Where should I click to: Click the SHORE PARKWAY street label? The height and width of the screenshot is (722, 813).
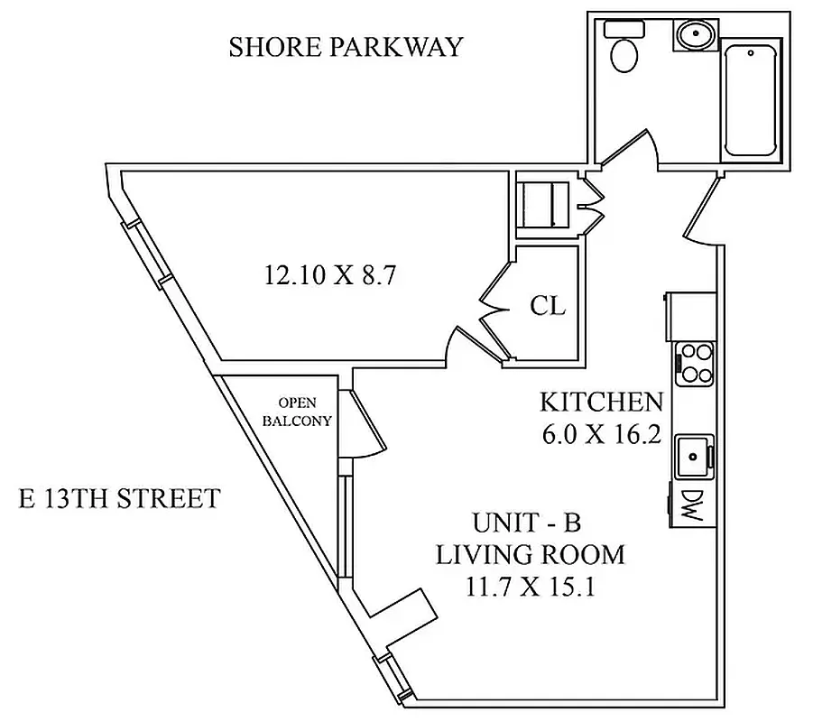pyautogui.click(x=346, y=47)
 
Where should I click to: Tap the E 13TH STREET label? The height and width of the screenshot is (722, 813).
pyautogui.click(x=119, y=498)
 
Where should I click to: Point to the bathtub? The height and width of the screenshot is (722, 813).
pyautogui.click(x=752, y=98)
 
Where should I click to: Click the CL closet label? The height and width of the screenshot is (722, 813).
pyautogui.click(x=548, y=306)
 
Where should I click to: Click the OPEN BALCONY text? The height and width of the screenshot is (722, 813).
pyautogui.click(x=297, y=412)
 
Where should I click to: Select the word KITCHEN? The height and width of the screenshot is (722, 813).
pyautogui.click(x=601, y=402)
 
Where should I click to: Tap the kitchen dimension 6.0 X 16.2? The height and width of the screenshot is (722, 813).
pyautogui.click(x=602, y=435)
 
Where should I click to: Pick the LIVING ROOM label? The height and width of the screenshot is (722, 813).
pyautogui.click(x=530, y=554)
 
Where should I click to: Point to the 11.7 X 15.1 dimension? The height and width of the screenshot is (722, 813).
pyautogui.click(x=530, y=587)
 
